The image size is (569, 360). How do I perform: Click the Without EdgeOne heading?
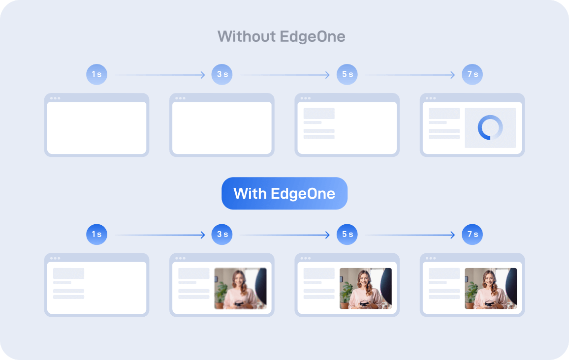point(281,36)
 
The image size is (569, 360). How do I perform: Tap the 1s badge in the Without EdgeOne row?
point(96,75)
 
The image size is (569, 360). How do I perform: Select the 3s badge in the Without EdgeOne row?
point(222,75)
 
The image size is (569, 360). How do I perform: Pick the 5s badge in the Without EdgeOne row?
point(347,75)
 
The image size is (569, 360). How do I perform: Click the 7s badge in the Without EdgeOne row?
point(473,75)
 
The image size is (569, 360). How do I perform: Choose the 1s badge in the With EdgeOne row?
point(96,235)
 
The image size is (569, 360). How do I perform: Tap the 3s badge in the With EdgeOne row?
point(222,235)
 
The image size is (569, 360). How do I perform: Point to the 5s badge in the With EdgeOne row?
point(347,235)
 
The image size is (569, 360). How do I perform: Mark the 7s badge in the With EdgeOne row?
point(473,235)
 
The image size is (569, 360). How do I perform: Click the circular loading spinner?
point(490,128)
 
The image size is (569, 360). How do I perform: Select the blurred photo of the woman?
point(240,288)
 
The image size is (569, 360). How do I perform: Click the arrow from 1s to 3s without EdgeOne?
point(160,75)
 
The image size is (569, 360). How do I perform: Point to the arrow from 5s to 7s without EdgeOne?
point(411,75)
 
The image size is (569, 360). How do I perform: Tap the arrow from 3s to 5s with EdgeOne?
point(285,235)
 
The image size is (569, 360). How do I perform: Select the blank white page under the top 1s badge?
point(96,128)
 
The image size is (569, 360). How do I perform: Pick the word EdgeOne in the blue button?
point(303,193)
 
